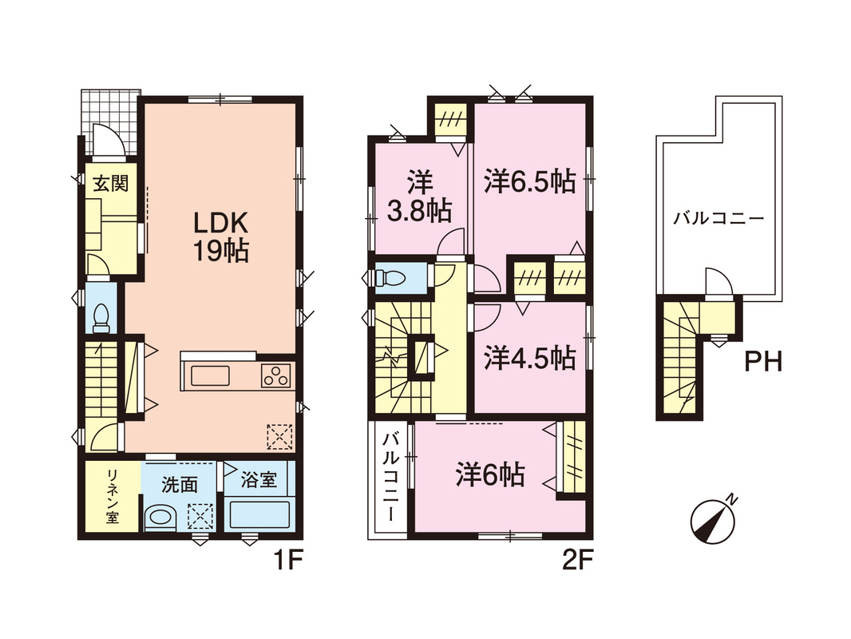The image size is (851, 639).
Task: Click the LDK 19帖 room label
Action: click(x=221, y=236)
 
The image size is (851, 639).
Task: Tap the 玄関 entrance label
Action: click(x=111, y=184)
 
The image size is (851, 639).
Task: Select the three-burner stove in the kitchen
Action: click(x=275, y=375)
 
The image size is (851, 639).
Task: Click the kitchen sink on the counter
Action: click(x=210, y=375)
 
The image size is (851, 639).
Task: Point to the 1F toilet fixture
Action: click(x=101, y=318)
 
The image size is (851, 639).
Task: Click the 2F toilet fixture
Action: click(x=390, y=278)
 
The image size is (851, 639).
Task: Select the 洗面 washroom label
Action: click(x=179, y=484)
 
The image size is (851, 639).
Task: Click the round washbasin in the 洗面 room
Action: click(x=160, y=517)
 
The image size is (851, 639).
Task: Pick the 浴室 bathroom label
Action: click(x=259, y=479)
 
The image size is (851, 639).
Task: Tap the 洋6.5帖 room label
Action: click(x=530, y=181)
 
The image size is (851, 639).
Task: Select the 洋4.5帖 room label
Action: click(x=530, y=358)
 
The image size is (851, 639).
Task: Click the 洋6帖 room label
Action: click(x=490, y=474)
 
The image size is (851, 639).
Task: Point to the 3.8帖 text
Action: click(x=419, y=211)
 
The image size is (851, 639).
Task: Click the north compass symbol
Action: click(x=713, y=522)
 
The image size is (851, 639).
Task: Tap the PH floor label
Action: click(x=763, y=362)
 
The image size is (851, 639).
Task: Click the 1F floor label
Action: click(x=287, y=560)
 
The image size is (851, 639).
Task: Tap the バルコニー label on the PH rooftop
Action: click(x=718, y=219)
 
